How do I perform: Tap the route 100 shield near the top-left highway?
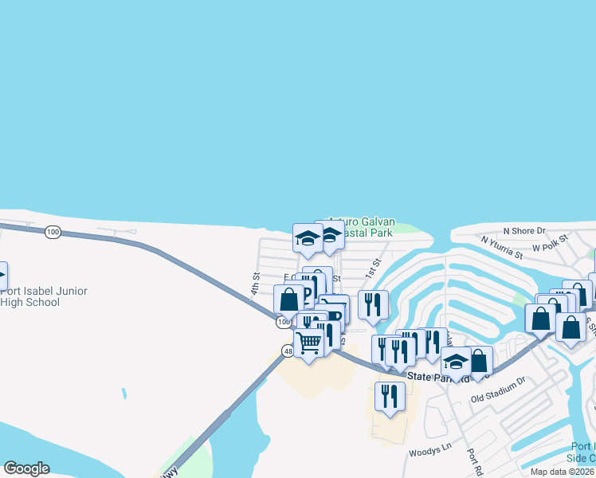[x=53, y=232]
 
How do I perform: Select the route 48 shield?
[x=287, y=350]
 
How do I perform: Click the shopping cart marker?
[x=309, y=342]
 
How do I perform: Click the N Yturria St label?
[x=501, y=247]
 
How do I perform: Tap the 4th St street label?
[x=256, y=284]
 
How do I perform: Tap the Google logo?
[x=26, y=468]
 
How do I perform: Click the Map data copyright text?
[x=563, y=472]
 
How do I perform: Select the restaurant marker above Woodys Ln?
[x=390, y=396]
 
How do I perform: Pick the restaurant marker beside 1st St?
[x=372, y=304]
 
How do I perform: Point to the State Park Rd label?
[x=429, y=376]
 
